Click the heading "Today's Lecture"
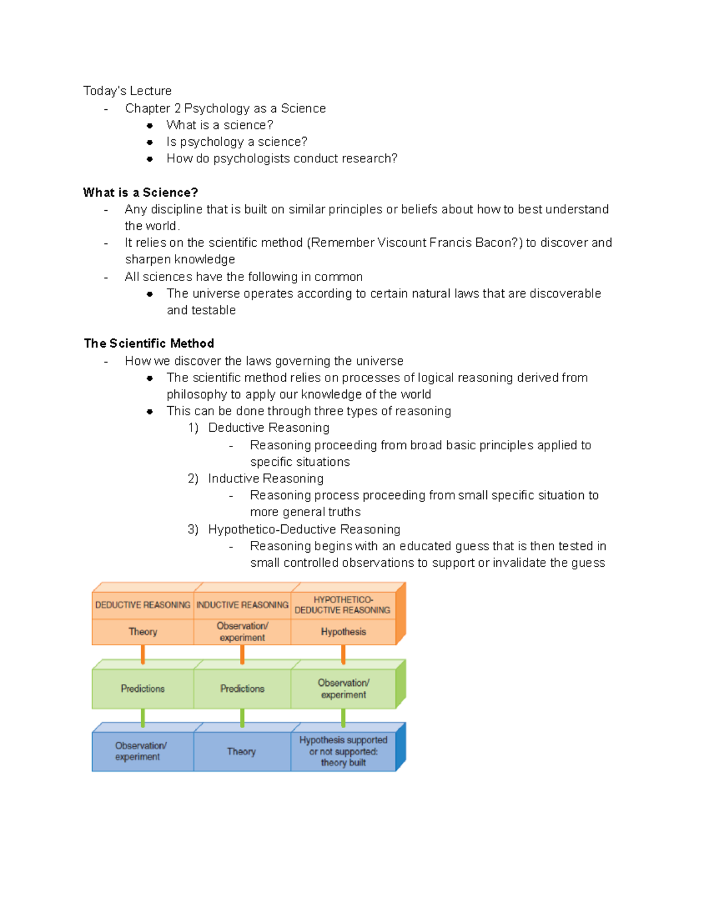coord(127,91)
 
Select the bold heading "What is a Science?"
coord(141,192)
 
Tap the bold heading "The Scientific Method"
coord(149,344)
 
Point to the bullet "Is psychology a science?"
coord(236,142)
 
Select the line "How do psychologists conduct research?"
coord(282,158)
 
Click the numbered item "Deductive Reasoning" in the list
coord(268,428)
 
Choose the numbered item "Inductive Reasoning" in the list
coord(265,478)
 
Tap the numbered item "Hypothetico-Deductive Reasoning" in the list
coord(304,529)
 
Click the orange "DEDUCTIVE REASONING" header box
coord(143,605)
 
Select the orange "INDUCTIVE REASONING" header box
coord(242,605)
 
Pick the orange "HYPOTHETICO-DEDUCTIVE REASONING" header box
coord(343,605)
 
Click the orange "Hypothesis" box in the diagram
coord(343,632)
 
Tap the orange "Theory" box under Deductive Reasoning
coord(143,632)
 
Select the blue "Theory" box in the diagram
coord(242,752)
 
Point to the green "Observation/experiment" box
coord(343,688)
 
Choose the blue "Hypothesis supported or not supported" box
coord(343,751)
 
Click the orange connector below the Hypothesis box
coord(343,654)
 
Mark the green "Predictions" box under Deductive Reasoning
coord(143,688)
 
